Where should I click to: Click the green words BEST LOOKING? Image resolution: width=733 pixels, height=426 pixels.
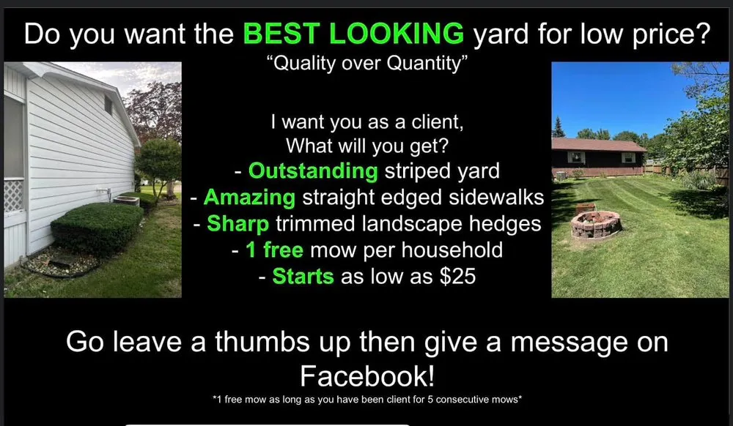(x=353, y=34)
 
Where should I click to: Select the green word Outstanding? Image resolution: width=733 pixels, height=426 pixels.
(x=313, y=171)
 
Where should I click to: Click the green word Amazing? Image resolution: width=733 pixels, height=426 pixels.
(x=249, y=197)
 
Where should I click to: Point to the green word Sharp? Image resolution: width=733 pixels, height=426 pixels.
(x=238, y=223)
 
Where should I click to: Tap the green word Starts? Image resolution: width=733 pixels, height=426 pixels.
(x=303, y=277)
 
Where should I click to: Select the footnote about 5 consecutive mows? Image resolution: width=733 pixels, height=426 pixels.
(x=366, y=399)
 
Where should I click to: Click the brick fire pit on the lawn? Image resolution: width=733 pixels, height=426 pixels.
(x=595, y=225)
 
